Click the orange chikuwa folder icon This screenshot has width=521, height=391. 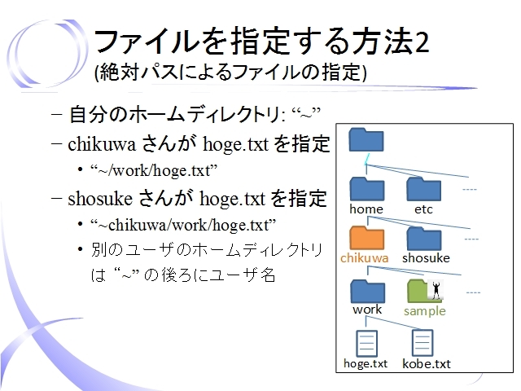[367, 238]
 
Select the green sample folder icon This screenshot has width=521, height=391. [423, 291]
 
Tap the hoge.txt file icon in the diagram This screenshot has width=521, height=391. [366, 343]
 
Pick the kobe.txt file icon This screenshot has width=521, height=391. [422, 343]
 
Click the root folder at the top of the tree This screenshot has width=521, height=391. [366, 139]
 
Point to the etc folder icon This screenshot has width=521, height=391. [423, 189]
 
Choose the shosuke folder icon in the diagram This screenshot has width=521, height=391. [424, 239]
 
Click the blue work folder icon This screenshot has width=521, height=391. [367, 292]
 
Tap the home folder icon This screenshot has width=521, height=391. [367, 188]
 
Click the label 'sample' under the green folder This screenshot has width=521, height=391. [425, 311]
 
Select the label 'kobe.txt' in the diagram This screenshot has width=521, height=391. [427, 363]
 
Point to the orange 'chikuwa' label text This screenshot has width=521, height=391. [364, 258]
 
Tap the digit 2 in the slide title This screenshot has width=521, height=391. [422, 42]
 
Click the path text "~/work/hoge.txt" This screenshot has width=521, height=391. [154, 170]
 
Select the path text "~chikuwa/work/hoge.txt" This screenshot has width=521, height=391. [183, 225]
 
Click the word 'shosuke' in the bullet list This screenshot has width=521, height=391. [100, 199]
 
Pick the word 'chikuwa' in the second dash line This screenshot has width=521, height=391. [102, 144]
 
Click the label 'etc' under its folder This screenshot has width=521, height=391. [423, 209]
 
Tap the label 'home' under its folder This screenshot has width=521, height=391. [366, 209]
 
